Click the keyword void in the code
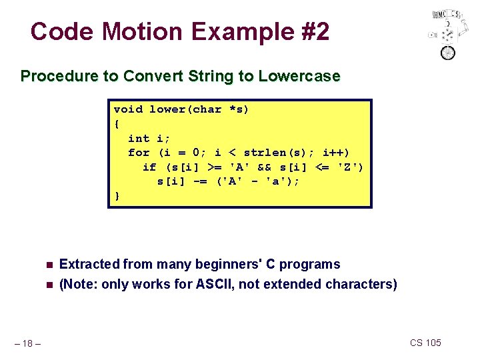(128, 109)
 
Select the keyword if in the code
(149, 167)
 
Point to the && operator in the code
(265, 167)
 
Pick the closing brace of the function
(118, 196)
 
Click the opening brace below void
(118, 124)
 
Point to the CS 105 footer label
(425, 343)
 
